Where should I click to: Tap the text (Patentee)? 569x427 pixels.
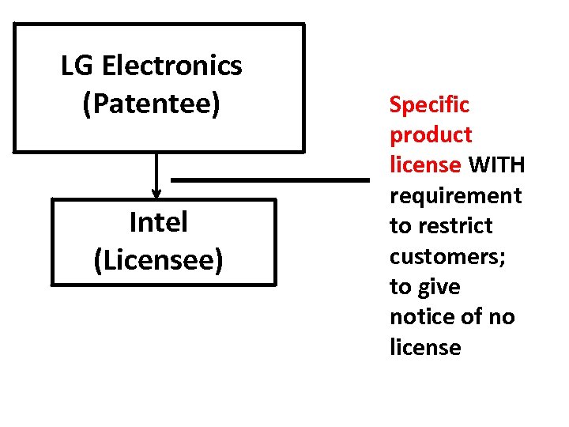(151, 104)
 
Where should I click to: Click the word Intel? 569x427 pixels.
(158, 223)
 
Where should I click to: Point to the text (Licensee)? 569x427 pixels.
(158, 260)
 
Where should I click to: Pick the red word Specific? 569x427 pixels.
(429, 104)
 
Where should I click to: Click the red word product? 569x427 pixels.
(430, 135)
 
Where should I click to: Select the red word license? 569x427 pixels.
(425, 165)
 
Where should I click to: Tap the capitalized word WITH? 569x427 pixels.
(497, 165)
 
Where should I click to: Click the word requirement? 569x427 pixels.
(455, 195)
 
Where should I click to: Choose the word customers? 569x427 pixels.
(441, 256)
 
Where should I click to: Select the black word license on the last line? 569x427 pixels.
(425, 347)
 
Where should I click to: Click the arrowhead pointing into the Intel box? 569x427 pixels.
(156, 192)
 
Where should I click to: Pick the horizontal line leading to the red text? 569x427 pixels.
(270, 180)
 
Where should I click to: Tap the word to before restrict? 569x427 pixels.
(399, 226)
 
